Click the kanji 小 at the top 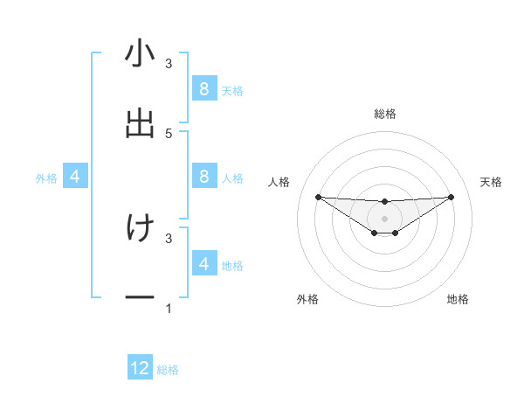click(140, 53)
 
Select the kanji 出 click(140, 123)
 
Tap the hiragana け click(140, 228)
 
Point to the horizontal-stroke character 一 click(140, 298)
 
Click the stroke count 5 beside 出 click(169, 133)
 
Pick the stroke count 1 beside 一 click(169, 309)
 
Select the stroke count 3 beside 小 click(169, 63)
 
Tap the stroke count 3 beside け click(169, 238)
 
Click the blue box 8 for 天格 click(203, 88)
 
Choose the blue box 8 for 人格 click(203, 177)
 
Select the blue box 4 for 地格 click(203, 263)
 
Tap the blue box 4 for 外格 click(75, 177)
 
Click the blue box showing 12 click(140, 368)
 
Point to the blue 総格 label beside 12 click(168, 370)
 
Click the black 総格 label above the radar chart click(384, 114)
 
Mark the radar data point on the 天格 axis click(451, 197)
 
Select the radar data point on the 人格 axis click(318, 197)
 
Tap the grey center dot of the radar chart click(384, 218)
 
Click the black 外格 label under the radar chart click(307, 299)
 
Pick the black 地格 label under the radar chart click(458, 299)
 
